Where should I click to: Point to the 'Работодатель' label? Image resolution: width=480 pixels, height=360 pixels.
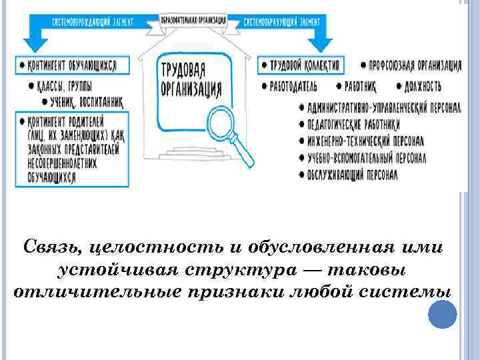click(x=293, y=86)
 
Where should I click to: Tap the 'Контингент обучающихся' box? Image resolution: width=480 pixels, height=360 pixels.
click(x=69, y=65)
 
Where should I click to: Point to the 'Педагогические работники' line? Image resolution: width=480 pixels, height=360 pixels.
click(x=353, y=123)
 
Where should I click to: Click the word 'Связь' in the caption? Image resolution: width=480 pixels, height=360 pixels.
click(x=51, y=247)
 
